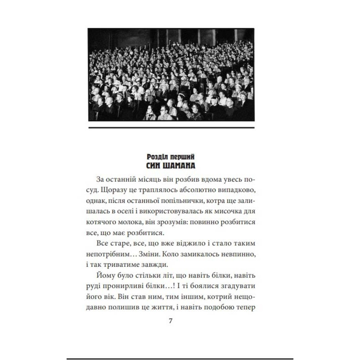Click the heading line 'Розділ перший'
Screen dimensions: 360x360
coord(171,158)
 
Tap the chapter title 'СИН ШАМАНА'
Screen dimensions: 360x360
coord(171,166)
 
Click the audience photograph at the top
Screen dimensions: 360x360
coord(171,75)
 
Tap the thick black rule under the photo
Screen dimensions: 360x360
coord(171,127)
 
